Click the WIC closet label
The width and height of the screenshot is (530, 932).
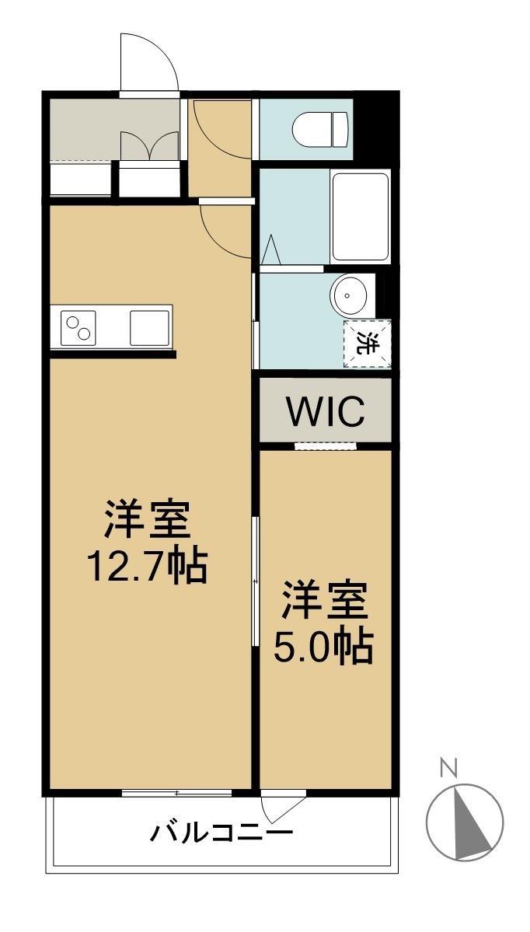point(326,413)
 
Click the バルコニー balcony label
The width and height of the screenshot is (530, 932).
point(221,835)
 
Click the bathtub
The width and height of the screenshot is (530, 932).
point(360,217)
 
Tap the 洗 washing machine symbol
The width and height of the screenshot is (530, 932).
point(367,343)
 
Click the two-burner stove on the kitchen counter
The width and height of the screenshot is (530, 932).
point(78,327)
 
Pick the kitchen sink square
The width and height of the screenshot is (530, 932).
point(150,327)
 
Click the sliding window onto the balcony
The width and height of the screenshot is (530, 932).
point(177,793)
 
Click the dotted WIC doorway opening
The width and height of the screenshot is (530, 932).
point(326,446)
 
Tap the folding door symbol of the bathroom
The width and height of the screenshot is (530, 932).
point(270,250)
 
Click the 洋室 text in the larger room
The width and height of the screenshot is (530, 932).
point(148,521)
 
